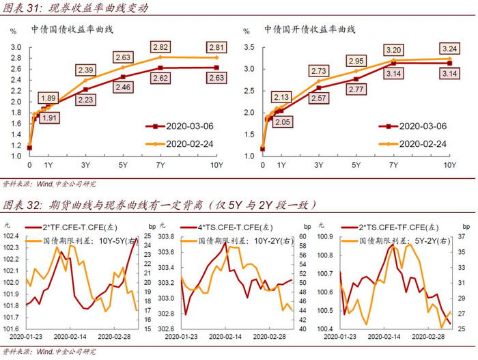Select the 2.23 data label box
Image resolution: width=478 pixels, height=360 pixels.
pyautogui.click(x=85, y=99)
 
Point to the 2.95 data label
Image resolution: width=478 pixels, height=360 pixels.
pyautogui.click(x=356, y=61)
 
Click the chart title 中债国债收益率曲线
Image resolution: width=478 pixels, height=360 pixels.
pyautogui.click(x=72, y=30)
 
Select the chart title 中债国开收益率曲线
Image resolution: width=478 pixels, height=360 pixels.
pyautogui.click(x=310, y=30)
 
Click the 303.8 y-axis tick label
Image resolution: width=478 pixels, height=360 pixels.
pyautogui.click(x=166, y=236)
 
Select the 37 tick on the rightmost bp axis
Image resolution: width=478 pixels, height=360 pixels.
pyautogui.click(x=461, y=236)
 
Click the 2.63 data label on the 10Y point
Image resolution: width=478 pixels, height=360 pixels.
pyautogui.click(x=216, y=77)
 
